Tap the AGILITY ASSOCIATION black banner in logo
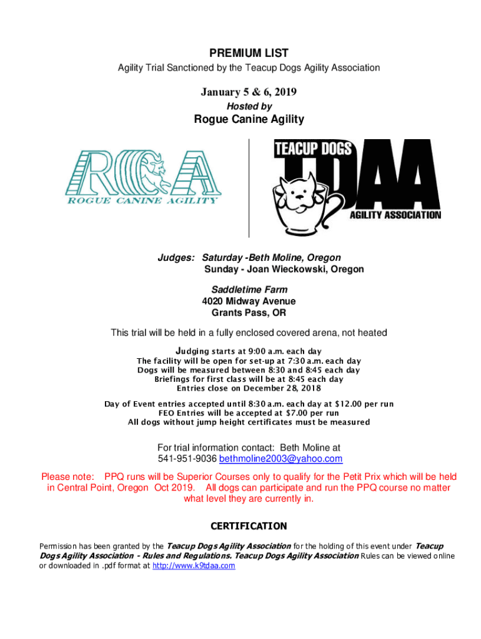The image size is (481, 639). tap(394, 215)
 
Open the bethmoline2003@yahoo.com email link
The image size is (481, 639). tap(280, 459)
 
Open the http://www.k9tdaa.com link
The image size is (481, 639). tap(194, 565)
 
